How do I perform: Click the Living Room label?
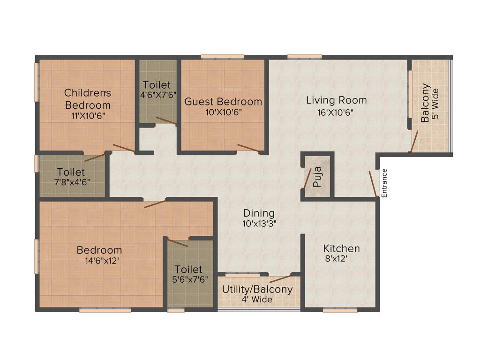[336, 100]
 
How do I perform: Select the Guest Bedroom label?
[223, 102]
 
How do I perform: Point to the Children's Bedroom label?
[88, 98]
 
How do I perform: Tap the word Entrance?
[384, 183]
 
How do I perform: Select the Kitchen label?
[342, 248]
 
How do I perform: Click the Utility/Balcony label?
[257, 289]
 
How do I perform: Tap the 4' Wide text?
[257, 300]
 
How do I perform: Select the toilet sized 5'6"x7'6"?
[188, 274]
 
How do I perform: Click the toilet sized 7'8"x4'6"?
[72, 177]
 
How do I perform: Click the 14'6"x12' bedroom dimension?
[99, 261]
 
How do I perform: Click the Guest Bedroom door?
[248, 148]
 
